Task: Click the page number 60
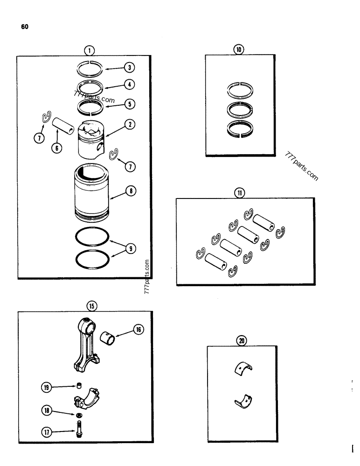24,27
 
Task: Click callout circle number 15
91,306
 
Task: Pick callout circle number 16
138,329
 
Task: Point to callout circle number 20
241,341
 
